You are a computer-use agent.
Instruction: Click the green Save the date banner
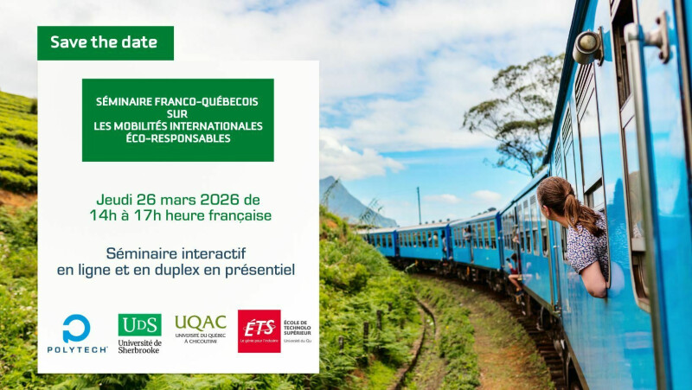(105, 42)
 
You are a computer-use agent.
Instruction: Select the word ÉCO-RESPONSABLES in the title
(178, 137)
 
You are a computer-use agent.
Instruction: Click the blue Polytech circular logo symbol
(77, 328)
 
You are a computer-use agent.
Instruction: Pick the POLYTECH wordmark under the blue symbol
(77, 349)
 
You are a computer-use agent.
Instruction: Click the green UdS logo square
(139, 324)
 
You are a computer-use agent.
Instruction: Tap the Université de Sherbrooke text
(139, 346)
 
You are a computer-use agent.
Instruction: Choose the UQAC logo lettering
(200, 323)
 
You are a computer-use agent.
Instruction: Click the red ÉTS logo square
(259, 330)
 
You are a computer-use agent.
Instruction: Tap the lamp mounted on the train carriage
(588, 44)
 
